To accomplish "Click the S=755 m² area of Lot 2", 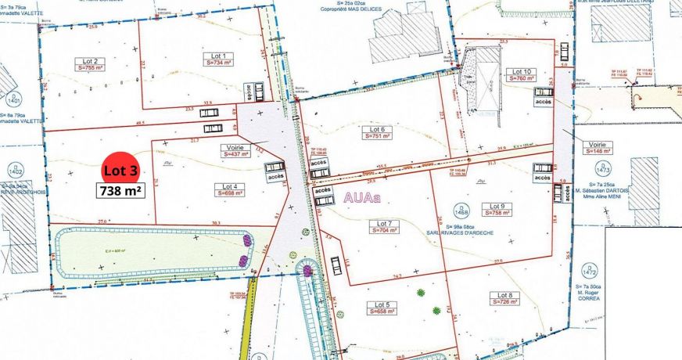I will point(88,68).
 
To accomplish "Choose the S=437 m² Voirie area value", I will point(235,154).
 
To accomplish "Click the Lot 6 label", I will point(378,129).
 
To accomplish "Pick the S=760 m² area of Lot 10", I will point(521,78).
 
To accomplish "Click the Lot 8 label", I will point(504,295).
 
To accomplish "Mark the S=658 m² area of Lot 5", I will point(382,311).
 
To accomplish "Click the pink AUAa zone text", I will point(361,198).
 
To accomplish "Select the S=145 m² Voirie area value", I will point(598,152).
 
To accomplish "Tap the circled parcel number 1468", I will point(461,211).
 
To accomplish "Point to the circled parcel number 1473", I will point(601,168).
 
